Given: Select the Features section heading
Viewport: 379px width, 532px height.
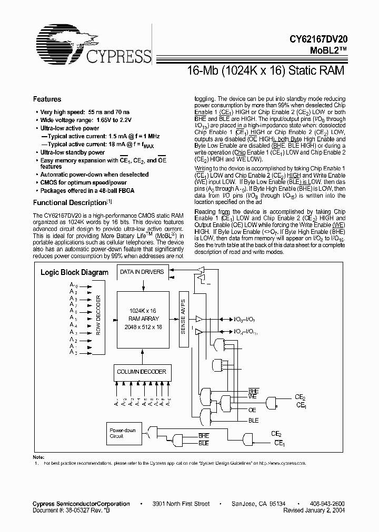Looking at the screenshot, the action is pyautogui.click(x=47, y=99).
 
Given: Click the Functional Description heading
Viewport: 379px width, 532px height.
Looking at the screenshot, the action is pyautogui.click(x=69, y=202).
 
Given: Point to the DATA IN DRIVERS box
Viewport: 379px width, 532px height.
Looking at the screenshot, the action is pyautogui.click(x=141, y=272).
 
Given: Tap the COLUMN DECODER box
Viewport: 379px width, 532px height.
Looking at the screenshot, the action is pyautogui.click(x=141, y=372).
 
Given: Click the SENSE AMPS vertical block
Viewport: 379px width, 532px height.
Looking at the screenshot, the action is pyautogui.click(x=183, y=319).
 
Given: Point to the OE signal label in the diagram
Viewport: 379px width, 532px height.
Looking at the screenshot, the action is pyautogui.click(x=252, y=410).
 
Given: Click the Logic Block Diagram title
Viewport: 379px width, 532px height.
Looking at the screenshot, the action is pyautogui.click(x=74, y=272).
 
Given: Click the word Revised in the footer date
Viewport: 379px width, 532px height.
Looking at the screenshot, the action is pyautogui.click(x=296, y=510).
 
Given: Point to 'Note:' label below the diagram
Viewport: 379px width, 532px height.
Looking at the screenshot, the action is pyautogui.click(x=38, y=457).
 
